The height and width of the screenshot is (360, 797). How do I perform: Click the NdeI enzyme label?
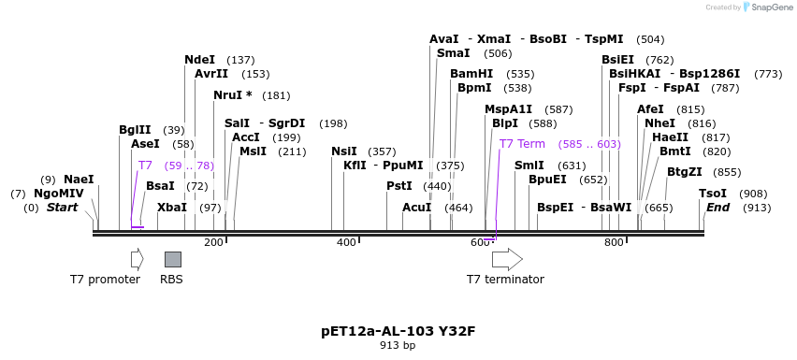tap(199, 60)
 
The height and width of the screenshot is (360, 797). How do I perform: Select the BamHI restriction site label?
tap(471, 74)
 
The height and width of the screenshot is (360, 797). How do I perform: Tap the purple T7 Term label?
tap(522, 144)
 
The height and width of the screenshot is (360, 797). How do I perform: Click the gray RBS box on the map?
tap(173, 259)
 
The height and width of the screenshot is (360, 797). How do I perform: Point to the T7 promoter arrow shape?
tap(137, 259)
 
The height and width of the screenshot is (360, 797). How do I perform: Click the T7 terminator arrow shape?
tap(507, 259)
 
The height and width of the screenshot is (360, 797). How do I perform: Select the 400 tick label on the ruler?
tap(346, 243)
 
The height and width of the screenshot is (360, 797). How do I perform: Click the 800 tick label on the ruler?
tap(614, 243)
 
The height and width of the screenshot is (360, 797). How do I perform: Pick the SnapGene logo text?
tap(770, 7)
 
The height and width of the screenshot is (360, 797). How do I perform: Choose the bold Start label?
tap(63, 208)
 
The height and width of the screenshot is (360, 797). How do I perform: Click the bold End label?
tap(717, 208)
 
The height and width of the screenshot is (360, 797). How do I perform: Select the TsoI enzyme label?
tap(712, 194)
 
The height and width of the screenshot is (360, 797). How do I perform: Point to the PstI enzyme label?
tap(399, 186)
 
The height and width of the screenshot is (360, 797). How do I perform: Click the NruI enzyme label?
tap(232, 95)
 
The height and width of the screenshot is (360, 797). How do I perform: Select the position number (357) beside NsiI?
tap(381, 151)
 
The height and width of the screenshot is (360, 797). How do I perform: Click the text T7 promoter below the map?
tap(105, 279)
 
